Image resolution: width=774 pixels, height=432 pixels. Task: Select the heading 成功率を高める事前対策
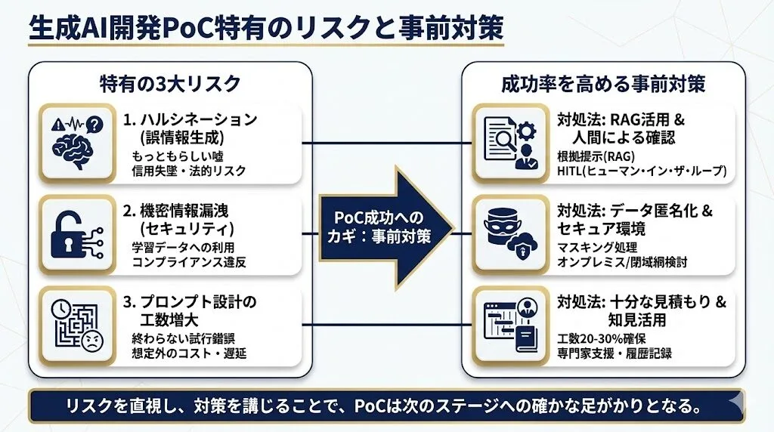603,83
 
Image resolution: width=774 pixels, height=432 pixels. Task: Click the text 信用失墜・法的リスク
189,171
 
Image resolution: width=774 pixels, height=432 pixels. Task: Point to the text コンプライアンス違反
189,263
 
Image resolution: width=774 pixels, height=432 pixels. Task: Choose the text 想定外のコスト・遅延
189,353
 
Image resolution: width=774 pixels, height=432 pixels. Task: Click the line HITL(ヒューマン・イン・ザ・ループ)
642,171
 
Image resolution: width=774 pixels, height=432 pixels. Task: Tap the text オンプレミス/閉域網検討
622,262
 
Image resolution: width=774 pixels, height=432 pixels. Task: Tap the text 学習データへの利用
184,248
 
